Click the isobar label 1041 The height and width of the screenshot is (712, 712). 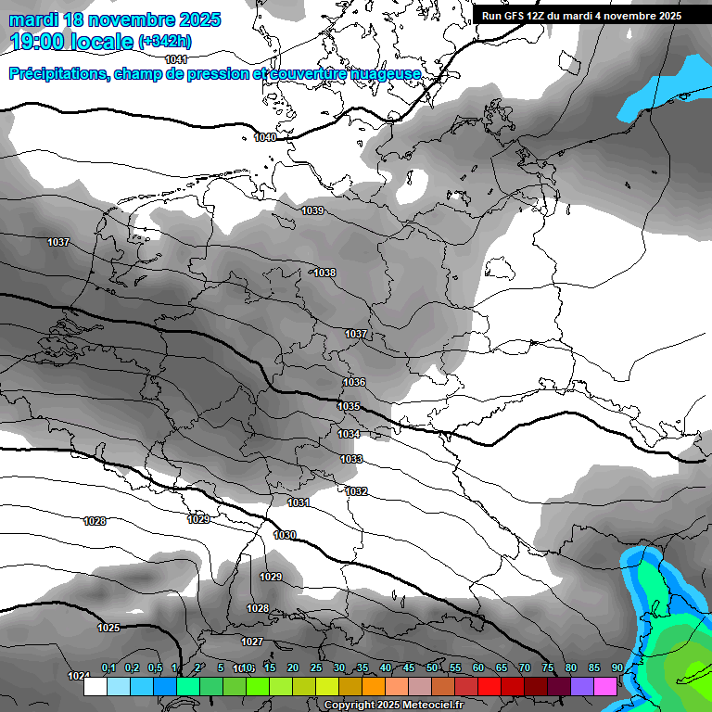pyautogui.click(x=176, y=59)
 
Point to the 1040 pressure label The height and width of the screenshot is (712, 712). pyautogui.click(x=265, y=137)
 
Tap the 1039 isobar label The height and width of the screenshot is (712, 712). pyautogui.click(x=312, y=211)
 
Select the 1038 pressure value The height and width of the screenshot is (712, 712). pyautogui.click(x=324, y=273)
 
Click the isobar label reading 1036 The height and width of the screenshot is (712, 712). pyautogui.click(x=354, y=382)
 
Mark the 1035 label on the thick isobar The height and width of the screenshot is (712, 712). pyautogui.click(x=349, y=406)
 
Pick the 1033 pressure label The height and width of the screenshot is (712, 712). pyautogui.click(x=351, y=459)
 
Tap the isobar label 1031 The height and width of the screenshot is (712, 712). pyautogui.click(x=299, y=502)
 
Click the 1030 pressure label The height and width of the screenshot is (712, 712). pyautogui.click(x=285, y=535)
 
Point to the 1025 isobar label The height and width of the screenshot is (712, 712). pyautogui.click(x=108, y=628)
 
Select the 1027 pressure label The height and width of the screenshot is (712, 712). pyautogui.click(x=252, y=642)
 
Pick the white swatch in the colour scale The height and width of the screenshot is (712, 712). pyautogui.click(x=95, y=687)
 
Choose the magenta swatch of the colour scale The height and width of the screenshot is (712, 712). pyautogui.click(x=605, y=687)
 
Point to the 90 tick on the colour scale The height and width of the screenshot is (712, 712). pyautogui.click(x=617, y=668)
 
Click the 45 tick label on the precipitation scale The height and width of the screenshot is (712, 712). pyautogui.click(x=409, y=668)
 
